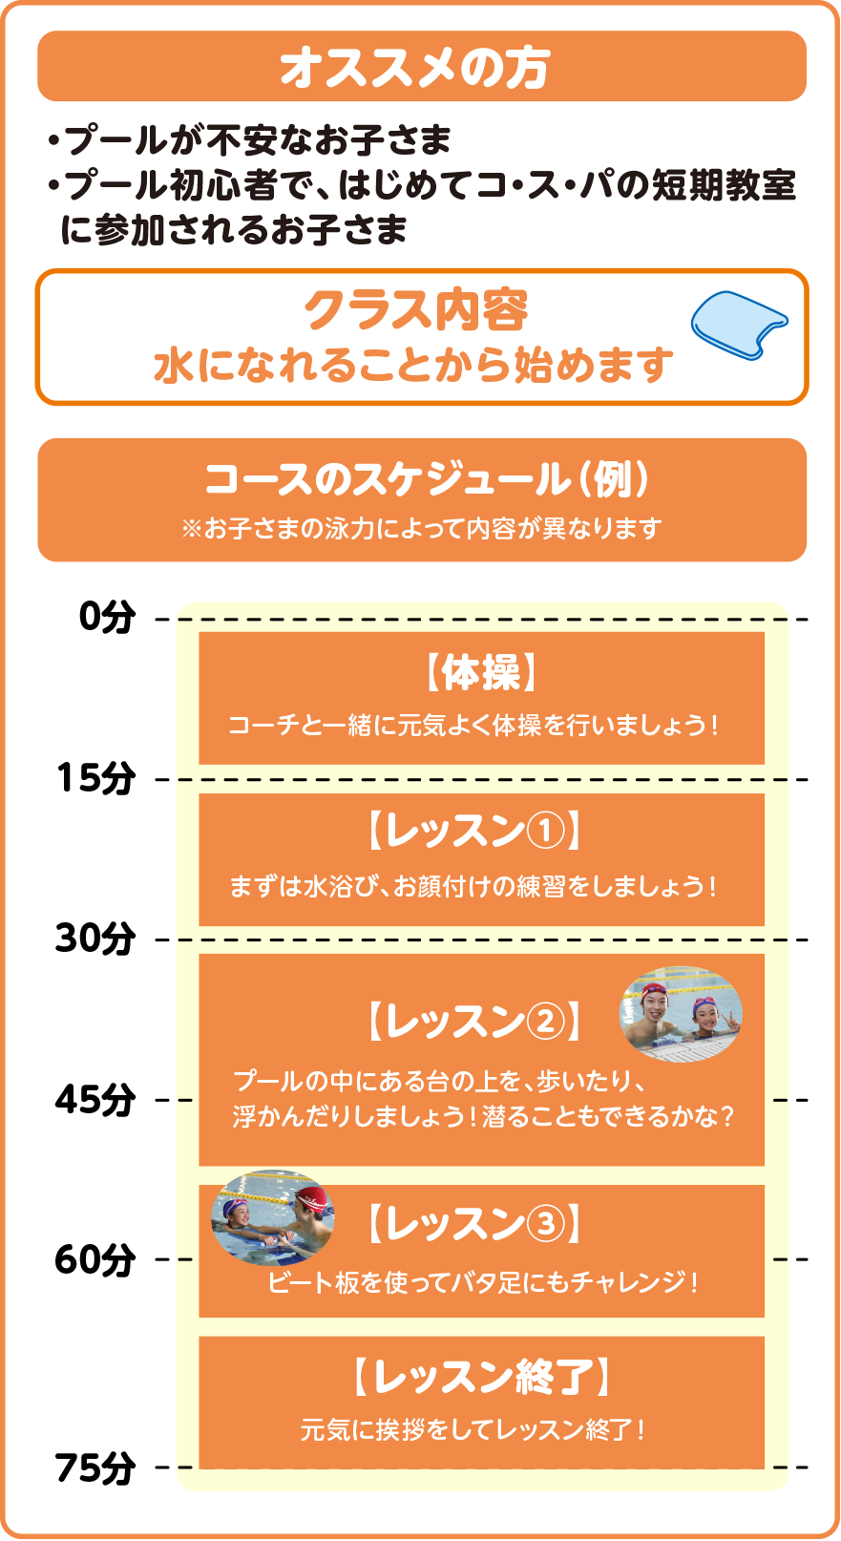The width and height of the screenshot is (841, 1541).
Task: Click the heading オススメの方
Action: click(x=415, y=68)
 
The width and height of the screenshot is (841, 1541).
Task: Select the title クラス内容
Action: click(x=415, y=310)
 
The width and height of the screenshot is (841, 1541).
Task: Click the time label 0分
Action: click(x=107, y=618)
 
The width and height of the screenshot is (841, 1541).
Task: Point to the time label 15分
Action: click(x=95, y=779)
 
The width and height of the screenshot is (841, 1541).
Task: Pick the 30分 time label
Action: click(x=95, y=939)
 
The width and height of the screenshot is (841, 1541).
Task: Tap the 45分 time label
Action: click(x=95, y=1100)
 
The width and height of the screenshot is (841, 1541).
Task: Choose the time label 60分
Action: click(x=95, y=1260)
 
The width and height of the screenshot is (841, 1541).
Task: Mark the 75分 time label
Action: click(x=95, y=1467)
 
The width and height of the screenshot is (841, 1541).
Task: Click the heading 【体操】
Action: click(x=481, y=674)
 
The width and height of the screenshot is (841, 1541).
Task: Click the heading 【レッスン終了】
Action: click(x=481, y=1377)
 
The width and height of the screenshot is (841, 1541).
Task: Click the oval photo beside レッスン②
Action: click(x=681, y=1014)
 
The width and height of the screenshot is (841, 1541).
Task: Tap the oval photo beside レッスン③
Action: click(x=273, y=1217)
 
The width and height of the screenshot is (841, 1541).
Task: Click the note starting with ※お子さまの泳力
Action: click(x=421, y=528)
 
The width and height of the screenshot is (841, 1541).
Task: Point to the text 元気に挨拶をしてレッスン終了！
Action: click(x=474, y=1429)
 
